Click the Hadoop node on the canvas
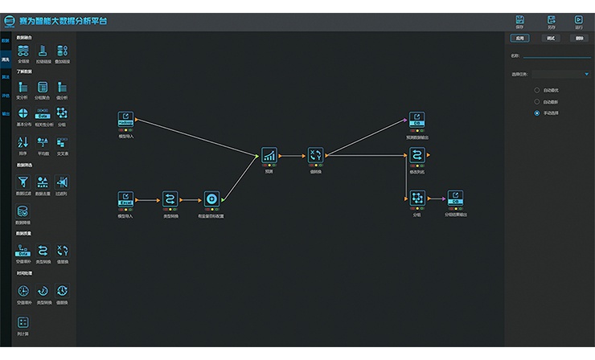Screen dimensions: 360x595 [x=125, y=119]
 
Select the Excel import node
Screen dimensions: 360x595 [x=125, y=198]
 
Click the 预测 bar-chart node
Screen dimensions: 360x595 [x=269, y=155]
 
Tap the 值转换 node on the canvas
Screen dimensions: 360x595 [x=315, y=155]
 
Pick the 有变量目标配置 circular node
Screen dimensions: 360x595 [x=211, y=198]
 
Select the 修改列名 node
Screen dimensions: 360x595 [x=416, y=156]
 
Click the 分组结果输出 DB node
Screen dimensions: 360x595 [x=455, y=198]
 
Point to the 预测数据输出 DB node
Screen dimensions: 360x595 [x=416, y=120]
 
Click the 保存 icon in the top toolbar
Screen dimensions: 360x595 [x=520, y=19]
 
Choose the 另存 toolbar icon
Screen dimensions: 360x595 [x=551, y=19]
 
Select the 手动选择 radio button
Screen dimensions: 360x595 [x=537, y=113]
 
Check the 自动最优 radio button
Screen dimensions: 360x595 [x=537, y=89]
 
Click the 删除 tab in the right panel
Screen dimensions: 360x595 [x=579, y=38]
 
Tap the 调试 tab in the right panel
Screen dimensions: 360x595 [x=551, y=38]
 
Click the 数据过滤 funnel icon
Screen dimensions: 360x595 [x=23, y=183]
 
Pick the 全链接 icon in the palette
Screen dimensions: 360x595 [x=23, y=51]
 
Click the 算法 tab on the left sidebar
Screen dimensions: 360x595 [x=6, y=77]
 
